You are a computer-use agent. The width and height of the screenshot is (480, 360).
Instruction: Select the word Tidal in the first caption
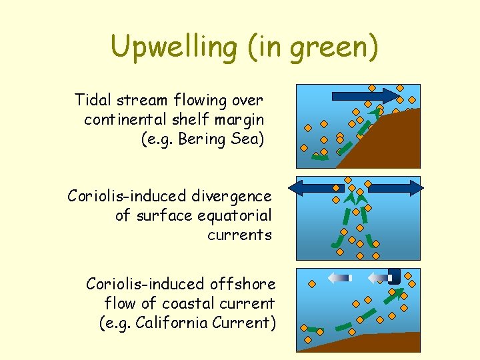coord(93,100)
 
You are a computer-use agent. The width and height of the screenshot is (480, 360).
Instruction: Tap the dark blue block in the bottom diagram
coord(394,275)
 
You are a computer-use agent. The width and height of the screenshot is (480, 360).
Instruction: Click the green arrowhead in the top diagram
coord(377,114)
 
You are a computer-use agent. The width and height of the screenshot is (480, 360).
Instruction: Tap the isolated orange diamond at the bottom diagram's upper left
coord(311,284)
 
